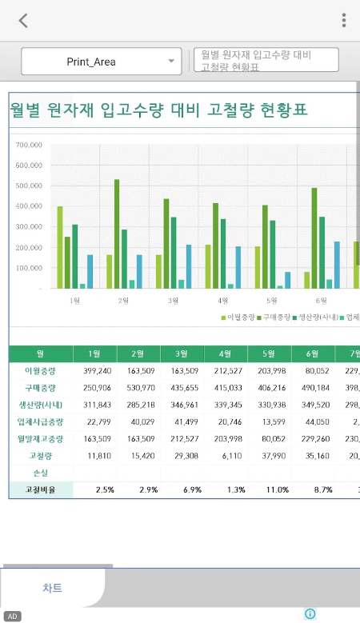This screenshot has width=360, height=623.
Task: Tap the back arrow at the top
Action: [x=23, y=21]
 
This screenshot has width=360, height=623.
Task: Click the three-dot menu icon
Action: [x=344, y=21]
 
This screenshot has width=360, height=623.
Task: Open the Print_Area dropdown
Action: [x=102, y=62]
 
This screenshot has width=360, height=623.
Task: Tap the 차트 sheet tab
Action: [x=52, y=588]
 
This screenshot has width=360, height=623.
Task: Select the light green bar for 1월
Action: [x=60, y=247]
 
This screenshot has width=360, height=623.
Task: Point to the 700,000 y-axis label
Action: [x=28, y=146]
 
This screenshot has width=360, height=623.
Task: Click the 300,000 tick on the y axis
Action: [x=28, y=227]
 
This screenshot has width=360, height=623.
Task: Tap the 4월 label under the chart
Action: [x=223, y=301]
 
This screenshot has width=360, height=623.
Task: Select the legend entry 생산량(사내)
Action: [x=313, y=317]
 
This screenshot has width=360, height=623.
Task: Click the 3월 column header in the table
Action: [x=183, y=353]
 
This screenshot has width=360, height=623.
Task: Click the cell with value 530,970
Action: [x=139, y=387]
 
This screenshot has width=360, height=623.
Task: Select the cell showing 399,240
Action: [x=95, y=370]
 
